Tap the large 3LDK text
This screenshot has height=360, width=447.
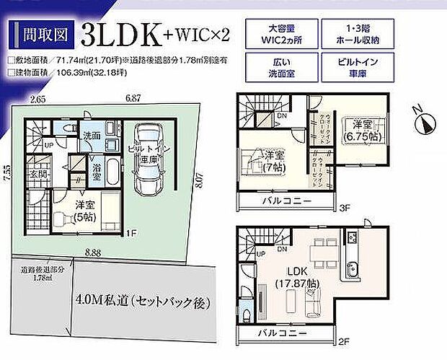point(118,34)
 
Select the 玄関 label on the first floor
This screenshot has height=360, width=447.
point(38,174)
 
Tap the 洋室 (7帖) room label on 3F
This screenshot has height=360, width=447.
point(274,160)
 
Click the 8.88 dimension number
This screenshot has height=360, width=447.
point(90,251)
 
